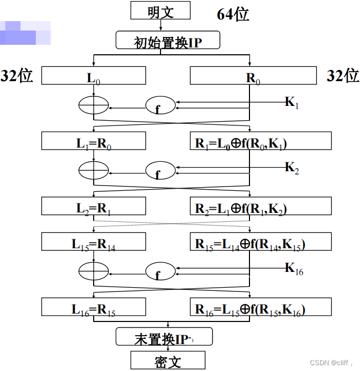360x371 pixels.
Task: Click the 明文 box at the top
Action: (160, 11)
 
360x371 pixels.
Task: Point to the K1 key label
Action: (292, 102)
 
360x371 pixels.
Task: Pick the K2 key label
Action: (292, 168)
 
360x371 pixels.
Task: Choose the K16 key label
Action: (294, 269)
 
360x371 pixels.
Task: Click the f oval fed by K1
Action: (160, 105)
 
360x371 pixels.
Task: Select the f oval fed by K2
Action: (160, 171)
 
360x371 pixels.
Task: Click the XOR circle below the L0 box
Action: (93, 105)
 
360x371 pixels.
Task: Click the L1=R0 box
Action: (93, 141)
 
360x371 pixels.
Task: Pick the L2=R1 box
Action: (93, 207)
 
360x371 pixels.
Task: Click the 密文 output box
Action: (167, 361)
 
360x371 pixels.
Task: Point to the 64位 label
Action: (233, 14)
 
